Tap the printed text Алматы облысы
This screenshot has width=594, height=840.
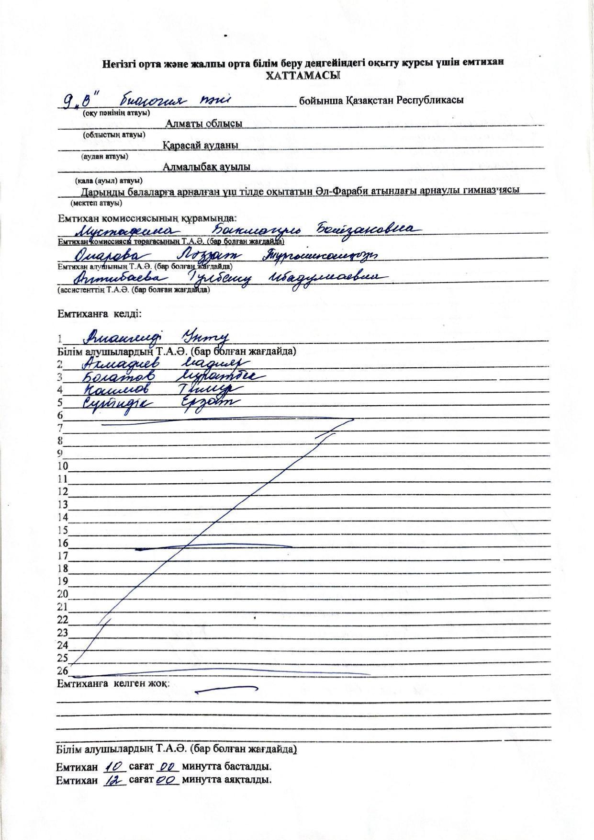(x=204, y=124)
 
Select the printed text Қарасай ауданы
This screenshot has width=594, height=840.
(x=201, y=145)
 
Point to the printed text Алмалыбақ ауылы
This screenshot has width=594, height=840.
(x=206, y=167)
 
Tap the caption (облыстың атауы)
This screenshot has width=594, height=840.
(x=114, y=135)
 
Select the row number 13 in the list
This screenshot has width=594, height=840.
(x=63, y=504)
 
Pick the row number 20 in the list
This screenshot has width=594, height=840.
(x=63, y=594)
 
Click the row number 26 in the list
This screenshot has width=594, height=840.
(x=63, y=671)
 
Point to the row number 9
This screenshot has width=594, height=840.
(x=60, y=453)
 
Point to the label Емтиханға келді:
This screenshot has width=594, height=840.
(x=99, y=314)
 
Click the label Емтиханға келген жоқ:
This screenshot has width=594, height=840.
(x=113, y=683)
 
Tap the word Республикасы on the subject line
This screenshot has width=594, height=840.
(x=429, y=101)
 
